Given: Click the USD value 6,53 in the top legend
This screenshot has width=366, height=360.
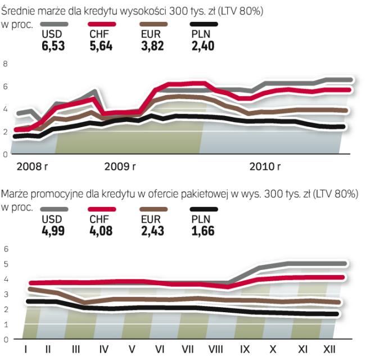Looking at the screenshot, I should (53, 46).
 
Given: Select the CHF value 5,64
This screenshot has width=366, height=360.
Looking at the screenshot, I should (101, 46).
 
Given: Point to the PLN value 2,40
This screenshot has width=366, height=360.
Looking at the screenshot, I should (202, 46).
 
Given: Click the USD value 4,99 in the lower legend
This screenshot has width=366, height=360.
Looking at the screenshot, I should (53, 231).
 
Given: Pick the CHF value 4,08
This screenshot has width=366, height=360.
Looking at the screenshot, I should (101, 231).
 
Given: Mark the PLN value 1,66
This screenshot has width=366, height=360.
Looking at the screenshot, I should (202, 231).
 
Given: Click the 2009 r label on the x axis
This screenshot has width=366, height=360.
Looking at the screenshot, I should (120, 166).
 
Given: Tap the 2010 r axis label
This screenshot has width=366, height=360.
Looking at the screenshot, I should (265, 166).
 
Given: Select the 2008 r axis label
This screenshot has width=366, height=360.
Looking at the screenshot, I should (33, 166).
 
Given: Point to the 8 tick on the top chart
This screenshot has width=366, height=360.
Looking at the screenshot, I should (6, 64).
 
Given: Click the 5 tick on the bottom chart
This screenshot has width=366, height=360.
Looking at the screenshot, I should (6, 264).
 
